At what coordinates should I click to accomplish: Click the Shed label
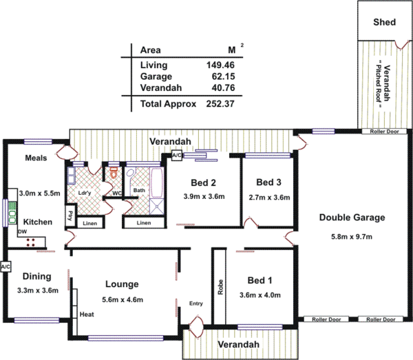384,22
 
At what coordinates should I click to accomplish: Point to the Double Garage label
351,218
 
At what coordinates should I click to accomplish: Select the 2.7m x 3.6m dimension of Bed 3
269,197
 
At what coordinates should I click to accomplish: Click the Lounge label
122,284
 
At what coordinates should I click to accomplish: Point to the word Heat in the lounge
87,315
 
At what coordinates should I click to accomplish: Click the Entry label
195,303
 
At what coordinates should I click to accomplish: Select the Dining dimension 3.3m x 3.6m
38,290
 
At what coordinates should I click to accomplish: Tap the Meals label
36,158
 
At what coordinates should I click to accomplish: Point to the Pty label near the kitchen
71,215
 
